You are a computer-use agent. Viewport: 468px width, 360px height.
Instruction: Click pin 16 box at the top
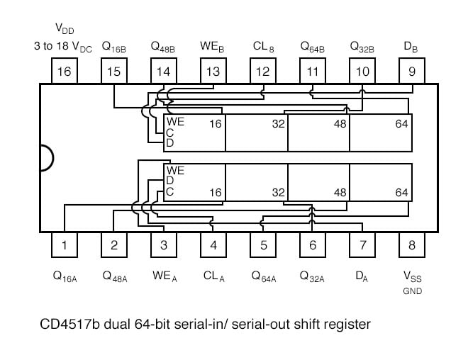coord(65,71)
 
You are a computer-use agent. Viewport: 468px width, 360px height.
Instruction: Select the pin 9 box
coord(412,71)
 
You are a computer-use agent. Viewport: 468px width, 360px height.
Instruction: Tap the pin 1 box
coord(65,245)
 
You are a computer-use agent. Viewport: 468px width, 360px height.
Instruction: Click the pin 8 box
coord(412,245)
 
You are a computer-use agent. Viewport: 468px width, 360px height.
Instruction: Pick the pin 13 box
coord(213,71)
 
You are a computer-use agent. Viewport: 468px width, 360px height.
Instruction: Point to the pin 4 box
coord(213,245)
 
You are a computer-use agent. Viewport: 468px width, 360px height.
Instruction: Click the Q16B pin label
coord(114,47)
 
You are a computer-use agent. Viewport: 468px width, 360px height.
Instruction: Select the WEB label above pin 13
coord(213,47)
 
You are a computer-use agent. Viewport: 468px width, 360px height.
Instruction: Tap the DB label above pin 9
coord(411,47)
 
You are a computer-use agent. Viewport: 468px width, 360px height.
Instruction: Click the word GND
coord(412,291)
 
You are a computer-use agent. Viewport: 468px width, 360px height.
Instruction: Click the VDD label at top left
coord(64,29)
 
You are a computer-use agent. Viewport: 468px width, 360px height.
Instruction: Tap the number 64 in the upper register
coord(401,123)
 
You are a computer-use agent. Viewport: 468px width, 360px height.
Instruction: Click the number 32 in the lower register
coord(278,192)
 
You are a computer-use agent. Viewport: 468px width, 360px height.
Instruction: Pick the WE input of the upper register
coord(175,122)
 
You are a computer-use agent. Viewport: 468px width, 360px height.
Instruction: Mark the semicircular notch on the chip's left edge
coord(45,157)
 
